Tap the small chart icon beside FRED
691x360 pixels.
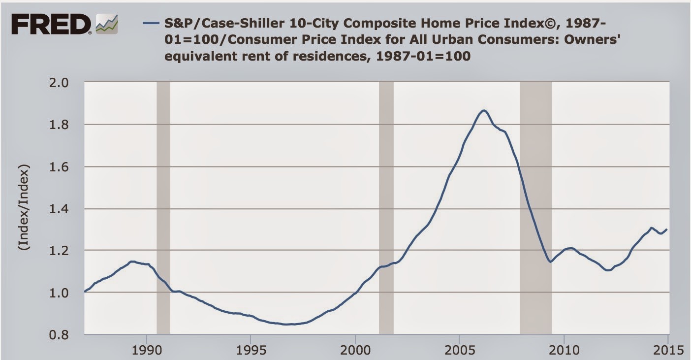(x=108, y=24)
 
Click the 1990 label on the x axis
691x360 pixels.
(x=147, y=350)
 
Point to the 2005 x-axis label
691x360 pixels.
(x=459, y=350)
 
